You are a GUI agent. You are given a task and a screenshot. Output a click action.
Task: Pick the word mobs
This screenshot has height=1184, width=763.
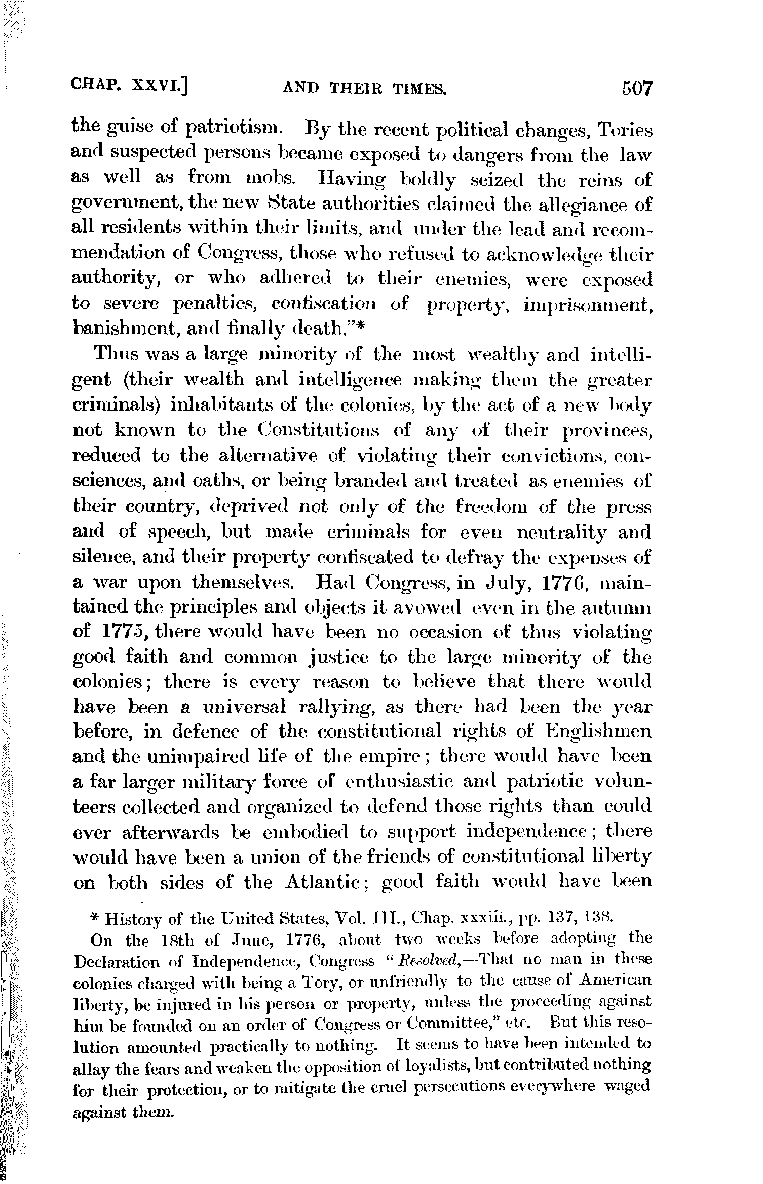(269, 179)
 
